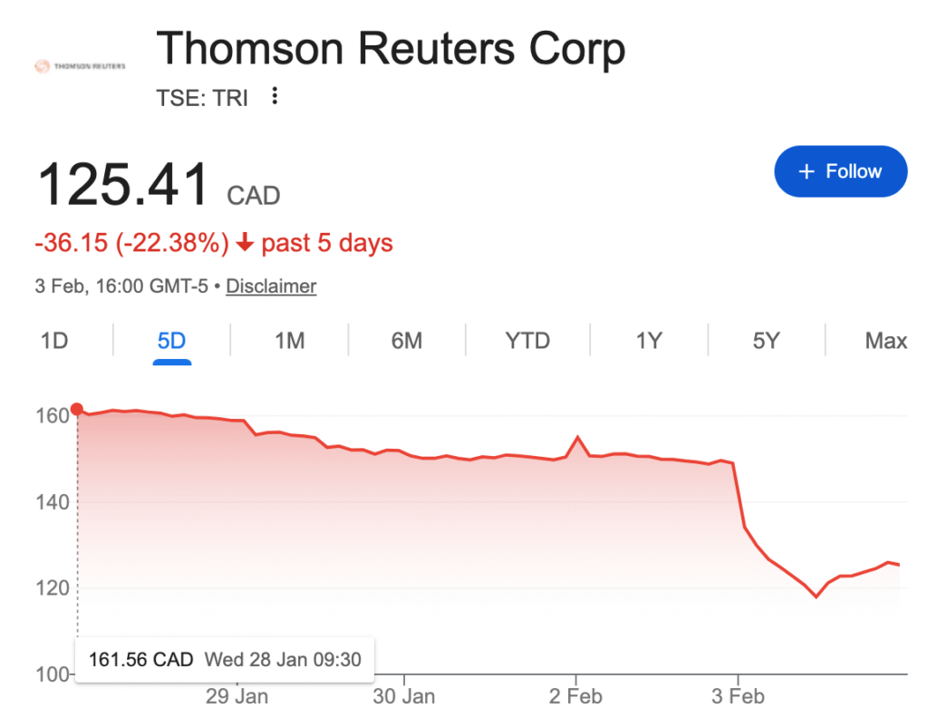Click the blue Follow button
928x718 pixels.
click(840, 171)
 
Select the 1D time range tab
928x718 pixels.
click(54, 341)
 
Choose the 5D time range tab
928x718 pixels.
click(171, 341)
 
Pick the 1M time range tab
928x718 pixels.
click(289, 341)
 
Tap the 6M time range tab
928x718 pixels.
click(407, 341)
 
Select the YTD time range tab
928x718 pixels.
click(527, 341)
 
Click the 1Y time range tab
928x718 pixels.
click(649, 341)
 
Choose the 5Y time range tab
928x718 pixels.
click(766, 341)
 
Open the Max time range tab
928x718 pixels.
click(885, 341)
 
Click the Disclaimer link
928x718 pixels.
click(271, 286)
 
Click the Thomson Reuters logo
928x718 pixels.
click(80, 66)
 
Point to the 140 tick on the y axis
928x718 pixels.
click(53, 502)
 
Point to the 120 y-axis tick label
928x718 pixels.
click(53, 588)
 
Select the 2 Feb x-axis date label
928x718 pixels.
click(575, 696)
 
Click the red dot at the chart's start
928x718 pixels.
click(77, 409)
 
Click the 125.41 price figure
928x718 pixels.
click(123, 184)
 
